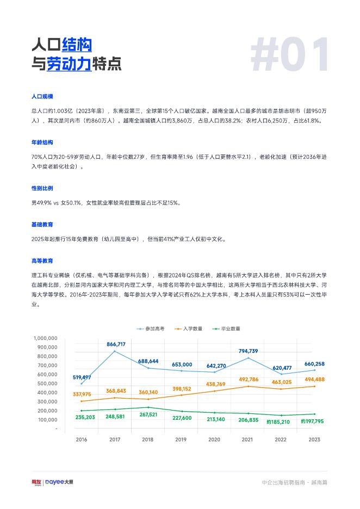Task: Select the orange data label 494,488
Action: (x=314, y=380)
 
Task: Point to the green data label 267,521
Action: (x=148, y=414)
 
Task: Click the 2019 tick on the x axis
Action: (x=181, y=439)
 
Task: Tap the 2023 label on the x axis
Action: (x=314, y=439)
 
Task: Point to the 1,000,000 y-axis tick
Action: (x=45, y=338)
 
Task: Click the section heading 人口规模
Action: (x=42, y=96)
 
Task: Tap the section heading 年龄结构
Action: (x=42, y=142)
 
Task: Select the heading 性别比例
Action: (x=42, y=188)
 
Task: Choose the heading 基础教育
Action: (x=42, y=225)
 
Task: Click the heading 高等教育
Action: (x=42, y=261)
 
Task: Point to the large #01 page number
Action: (x=289, y=55)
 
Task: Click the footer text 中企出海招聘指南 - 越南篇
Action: (x=294, y=482)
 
